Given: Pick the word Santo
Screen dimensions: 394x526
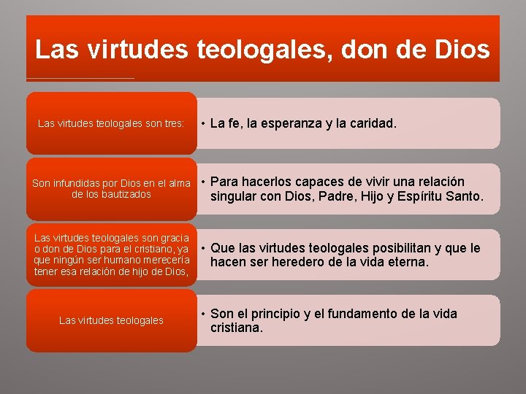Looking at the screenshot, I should [x=465, y=196].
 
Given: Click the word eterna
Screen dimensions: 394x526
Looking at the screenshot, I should [x=406, y=262].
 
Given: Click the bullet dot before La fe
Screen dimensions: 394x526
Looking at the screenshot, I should [x=202, y=124].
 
